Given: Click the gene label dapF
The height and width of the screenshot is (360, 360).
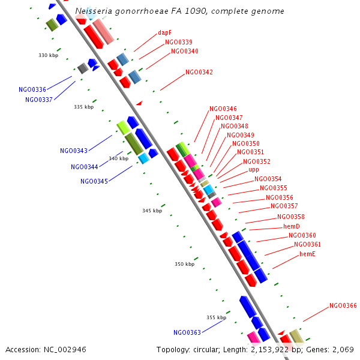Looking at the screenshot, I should (165, 33).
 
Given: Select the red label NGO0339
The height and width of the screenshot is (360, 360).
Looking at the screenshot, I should (179, 42).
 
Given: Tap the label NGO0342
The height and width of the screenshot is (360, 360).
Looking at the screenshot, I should (199, 72).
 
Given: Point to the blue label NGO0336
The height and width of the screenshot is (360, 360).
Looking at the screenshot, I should (32, 90).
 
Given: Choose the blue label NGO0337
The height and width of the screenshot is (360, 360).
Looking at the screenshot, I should (38, 100).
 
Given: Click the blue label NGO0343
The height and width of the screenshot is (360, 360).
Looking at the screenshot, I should (73, 151).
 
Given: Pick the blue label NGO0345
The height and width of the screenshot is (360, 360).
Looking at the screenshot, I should (94, 181).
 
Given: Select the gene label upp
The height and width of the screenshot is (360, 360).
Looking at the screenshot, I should (254, 170).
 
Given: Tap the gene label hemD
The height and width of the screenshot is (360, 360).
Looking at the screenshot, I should (291, 226).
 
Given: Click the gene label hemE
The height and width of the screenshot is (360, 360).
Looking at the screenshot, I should (307, 254).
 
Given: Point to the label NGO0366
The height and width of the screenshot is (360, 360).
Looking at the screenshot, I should (343, 306).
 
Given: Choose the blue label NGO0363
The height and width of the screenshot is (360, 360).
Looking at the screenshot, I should (187, 332).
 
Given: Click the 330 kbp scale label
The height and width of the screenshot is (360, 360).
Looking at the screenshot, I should (49, 55).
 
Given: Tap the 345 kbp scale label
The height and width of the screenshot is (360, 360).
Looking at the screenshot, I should (152, 211).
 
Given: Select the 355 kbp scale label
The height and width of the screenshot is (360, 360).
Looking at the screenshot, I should (217, 317).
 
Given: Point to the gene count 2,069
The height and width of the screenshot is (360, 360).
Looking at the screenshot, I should (341, 349).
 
